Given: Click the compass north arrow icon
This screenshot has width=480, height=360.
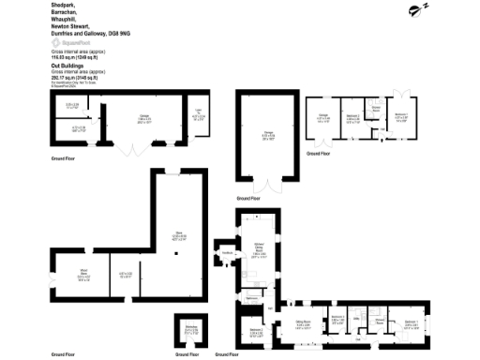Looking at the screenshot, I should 412,10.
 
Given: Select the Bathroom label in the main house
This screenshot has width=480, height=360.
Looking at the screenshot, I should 252,299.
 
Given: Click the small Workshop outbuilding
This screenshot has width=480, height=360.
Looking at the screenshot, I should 191,330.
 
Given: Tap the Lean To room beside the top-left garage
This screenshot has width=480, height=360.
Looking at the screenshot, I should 197,114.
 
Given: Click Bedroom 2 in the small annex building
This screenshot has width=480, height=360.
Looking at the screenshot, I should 353,119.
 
